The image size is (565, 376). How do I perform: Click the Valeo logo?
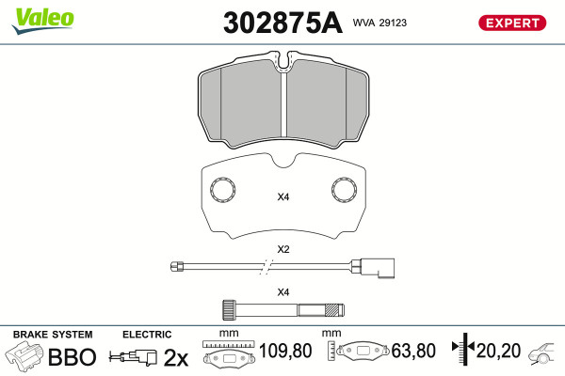coord(43,21)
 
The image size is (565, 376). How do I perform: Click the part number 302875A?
coord(282,23)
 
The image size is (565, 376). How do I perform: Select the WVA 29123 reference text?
coord(379,23)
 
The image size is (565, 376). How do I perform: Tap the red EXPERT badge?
coord(512,23)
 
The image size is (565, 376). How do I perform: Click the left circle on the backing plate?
coord(222,189)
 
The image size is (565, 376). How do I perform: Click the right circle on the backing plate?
coord(344,189)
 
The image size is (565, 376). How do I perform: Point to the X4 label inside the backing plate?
coord(283,196)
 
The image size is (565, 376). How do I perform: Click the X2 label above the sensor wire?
coord(283,249)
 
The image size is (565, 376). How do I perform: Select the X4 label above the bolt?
coord(283,291)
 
